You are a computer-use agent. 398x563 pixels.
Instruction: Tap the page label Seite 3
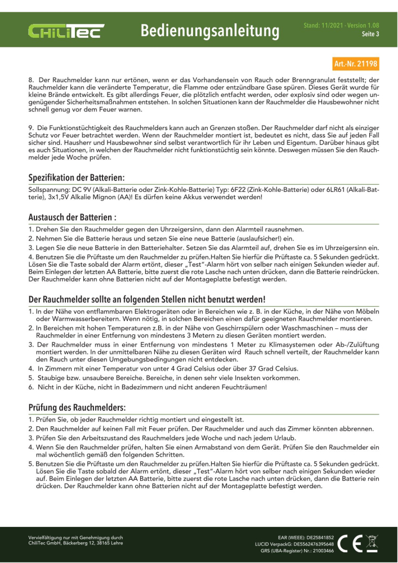370,34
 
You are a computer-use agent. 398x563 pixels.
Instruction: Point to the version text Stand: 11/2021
319,25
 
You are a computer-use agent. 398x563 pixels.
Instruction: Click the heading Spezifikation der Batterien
77,177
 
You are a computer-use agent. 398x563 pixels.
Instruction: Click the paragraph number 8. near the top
32,81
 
